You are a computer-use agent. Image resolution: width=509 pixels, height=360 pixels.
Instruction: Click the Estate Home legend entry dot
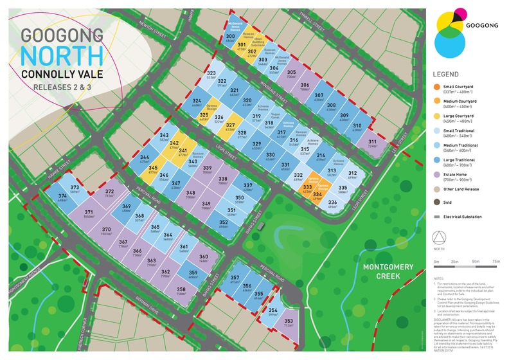(438, 174)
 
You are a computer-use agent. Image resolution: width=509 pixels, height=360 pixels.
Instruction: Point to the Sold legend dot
(438, 203)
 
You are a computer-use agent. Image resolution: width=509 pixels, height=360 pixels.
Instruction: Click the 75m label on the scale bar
(495, 262)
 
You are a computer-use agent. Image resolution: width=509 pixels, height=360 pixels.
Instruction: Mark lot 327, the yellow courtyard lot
(229, 127)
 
